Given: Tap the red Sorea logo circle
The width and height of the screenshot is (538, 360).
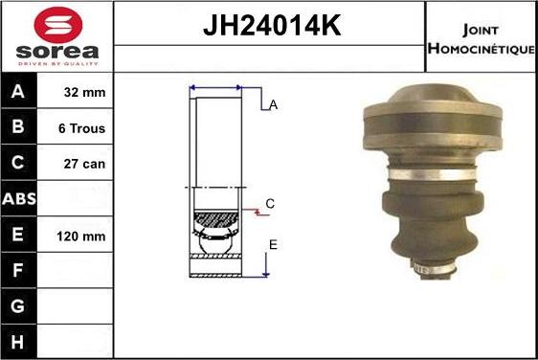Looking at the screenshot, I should click(57, 24).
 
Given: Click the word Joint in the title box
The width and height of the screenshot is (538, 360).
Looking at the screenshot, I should click(480, 29).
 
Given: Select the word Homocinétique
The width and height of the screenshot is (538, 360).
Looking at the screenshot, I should click(482, 48).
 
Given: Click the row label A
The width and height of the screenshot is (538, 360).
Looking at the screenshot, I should click(18, 93).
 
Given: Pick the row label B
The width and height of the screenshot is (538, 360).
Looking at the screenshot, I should click(18, 128).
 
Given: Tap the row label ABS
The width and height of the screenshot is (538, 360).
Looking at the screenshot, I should click(18, 199).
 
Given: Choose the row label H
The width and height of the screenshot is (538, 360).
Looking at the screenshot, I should click(18, 341).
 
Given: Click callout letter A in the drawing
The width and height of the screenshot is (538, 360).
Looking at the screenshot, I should click(273, 105).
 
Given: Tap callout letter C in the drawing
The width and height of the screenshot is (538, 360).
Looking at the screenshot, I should click(270, 204).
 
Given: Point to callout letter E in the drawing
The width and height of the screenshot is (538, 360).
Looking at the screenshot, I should click(273, 245).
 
